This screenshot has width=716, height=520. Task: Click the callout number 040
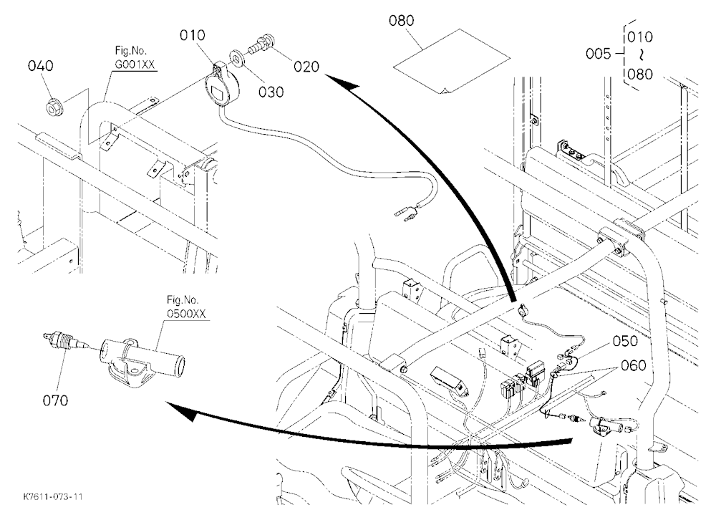coord(41,66)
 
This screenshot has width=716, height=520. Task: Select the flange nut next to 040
coord(55,107)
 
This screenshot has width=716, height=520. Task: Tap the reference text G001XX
coord(135,64)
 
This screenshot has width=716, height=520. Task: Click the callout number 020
coord(306,67)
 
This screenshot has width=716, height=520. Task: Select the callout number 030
coord(271,92)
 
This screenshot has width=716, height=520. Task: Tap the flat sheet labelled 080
coord(452,61)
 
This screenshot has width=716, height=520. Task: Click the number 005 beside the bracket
coord(598,54)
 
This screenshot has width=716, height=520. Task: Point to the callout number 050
coord(625,341)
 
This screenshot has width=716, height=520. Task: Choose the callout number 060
coord(634,365)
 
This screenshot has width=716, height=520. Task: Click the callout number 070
coord(55,400)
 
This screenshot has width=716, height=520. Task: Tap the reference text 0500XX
coord(186,314)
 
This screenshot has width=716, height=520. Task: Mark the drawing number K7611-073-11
coord(54,496)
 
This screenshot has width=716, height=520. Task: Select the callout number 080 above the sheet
coord(402,21)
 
